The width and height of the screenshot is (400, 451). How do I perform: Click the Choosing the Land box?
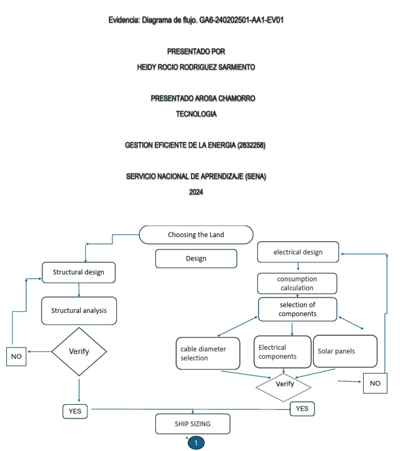[x=196, y=234]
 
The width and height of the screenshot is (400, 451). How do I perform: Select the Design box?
[x=196, y=258]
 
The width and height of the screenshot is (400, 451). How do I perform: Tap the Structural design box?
[x=78, y=272]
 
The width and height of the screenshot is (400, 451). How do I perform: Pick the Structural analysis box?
[x=79, y=310]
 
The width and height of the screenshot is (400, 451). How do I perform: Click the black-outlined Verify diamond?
[x=79, y=352]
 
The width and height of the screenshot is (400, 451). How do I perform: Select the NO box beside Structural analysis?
[x=17, y=356]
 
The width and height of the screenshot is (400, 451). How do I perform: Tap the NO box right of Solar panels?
[x=375, y=383]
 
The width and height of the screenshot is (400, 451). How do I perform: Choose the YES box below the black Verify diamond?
[x=75, y=411]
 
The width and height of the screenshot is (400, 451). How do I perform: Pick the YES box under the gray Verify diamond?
[x=302, y=409]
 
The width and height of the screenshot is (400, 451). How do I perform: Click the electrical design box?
[x=298, y=252]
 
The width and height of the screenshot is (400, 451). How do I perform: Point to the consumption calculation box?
[x=297, y=283]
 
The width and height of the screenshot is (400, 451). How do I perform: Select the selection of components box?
[x=297, y=309]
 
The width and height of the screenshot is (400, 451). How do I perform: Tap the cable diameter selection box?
[x=208, y=354]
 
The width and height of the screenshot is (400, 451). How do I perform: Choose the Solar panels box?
[x=344, y=351]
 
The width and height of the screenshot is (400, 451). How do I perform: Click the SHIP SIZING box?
[x=193, y=424]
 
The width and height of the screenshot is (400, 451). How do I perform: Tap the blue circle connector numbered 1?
[x=196, y=443]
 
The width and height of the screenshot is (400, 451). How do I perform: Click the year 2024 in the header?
[x=196, y=192]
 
